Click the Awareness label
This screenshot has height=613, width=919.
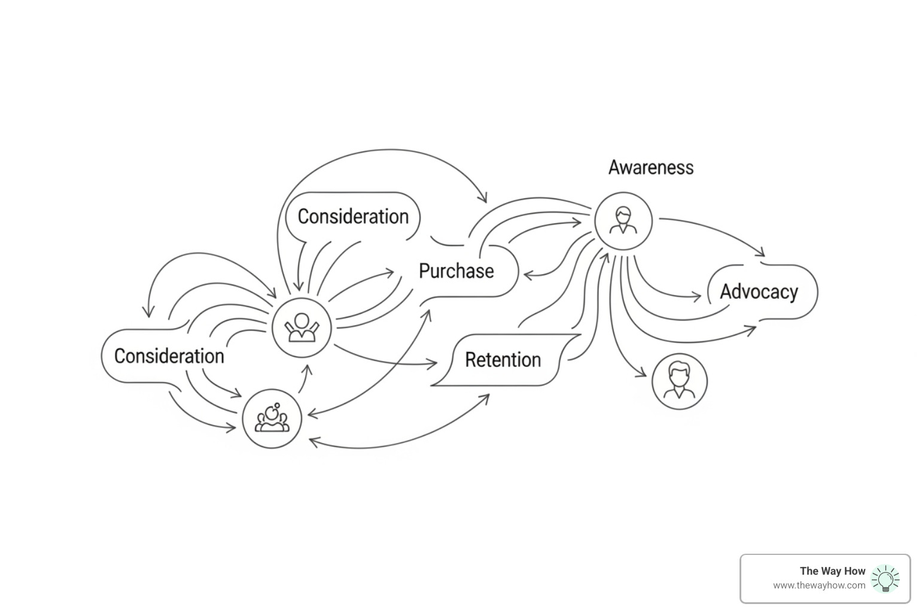[x=651, y=167]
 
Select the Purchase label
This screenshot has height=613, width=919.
[x=456, y=271]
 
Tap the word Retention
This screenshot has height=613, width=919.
[x=503, y=360]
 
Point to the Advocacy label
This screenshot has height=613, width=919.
[x=759, y=292]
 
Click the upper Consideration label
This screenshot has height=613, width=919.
[x=353, y=216]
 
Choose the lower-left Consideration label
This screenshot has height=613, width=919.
[x=169, y=356]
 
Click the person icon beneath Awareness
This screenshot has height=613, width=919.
[x=623, y=221]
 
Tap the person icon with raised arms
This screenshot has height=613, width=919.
[x=302, y=327]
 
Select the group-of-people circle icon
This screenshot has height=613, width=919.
[x=272, y=418]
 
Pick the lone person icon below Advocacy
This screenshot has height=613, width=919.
[x=679, y=381]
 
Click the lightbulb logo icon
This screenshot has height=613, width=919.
[x=885, y=579]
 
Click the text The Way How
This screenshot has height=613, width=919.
[x=832, y=570]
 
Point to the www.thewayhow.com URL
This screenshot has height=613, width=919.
[x=818, y=585]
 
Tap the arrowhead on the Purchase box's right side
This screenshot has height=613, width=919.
[x=528, y=275]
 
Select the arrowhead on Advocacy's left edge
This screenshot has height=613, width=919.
[x=696, y=296]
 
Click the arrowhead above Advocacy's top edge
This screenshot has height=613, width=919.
[x=760, y=253]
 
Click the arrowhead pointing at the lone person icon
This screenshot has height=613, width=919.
[x=642, y=375]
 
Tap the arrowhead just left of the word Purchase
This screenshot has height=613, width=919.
[x=391, y=273]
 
